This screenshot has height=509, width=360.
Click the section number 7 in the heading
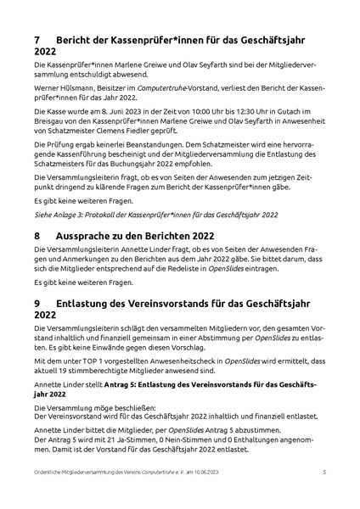click(37, 40)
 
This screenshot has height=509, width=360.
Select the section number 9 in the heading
click(37, 302)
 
